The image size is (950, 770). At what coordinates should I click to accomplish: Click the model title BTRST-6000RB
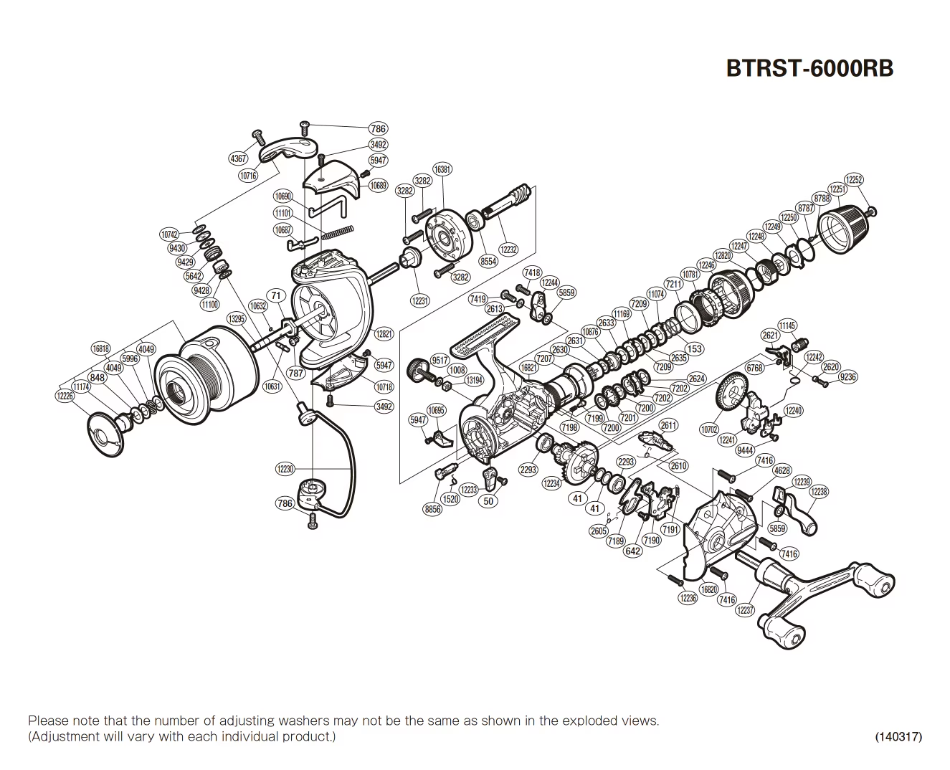coord(809,68)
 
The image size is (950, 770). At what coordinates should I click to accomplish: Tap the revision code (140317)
coord(898,736)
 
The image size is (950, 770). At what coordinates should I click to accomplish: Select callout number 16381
coord(442,170)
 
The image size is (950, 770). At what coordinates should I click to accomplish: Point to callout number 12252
coord(854,180)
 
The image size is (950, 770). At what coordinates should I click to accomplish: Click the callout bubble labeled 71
coord(276,295)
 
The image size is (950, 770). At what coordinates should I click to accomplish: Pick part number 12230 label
coord(285,469)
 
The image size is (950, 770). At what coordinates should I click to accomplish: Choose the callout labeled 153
coord(694,349)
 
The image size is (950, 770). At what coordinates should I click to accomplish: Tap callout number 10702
coord(709,429)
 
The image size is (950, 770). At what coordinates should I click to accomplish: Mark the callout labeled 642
coord(632,551)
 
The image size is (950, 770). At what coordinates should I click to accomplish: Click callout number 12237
coord(746,609)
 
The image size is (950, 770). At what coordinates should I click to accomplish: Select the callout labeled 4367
coord(238,158)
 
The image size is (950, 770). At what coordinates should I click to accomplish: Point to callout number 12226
coord(65,396)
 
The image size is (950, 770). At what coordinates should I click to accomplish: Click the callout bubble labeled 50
coord(488,501)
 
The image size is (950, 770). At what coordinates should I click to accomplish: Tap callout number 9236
coord(847,376)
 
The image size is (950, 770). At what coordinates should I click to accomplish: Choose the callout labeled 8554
coord(488,262)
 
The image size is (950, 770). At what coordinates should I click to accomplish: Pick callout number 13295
coord(237,318)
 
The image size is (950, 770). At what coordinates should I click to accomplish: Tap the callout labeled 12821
coord(384,334)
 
